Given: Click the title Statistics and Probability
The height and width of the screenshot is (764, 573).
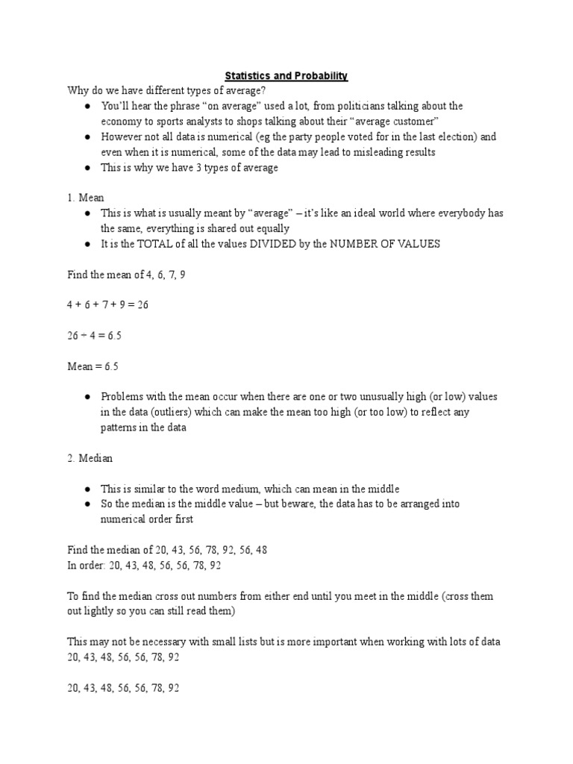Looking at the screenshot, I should [287, 76].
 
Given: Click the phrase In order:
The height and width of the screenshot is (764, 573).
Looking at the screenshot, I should [86, 565].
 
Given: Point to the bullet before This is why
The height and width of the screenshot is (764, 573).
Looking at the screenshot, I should [87, 168].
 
